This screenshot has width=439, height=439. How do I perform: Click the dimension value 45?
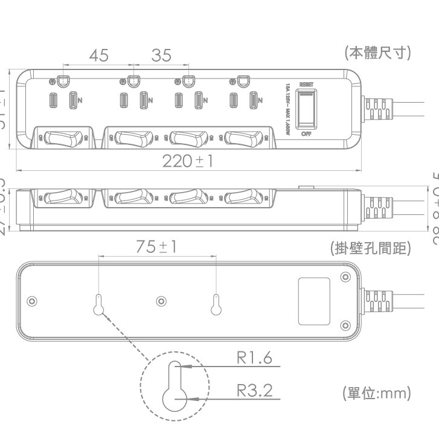click(x=98, y=56)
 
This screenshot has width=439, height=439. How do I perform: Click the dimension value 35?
click(x=161, y=56)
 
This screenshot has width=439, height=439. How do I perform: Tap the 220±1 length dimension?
click(x=188, y=161)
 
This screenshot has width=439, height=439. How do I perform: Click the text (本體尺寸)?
click(x=377, y=53)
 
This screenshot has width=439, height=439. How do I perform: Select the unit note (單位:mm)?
click(x=376, y=394)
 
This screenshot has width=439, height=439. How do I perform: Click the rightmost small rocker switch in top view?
click(x=244, y=138)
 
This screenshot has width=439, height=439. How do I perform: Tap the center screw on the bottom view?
click(x=161, y=301)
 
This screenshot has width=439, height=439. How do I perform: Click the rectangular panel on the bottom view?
click(x=314, y=301)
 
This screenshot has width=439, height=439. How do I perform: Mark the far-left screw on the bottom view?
click(x=32, y=301)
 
